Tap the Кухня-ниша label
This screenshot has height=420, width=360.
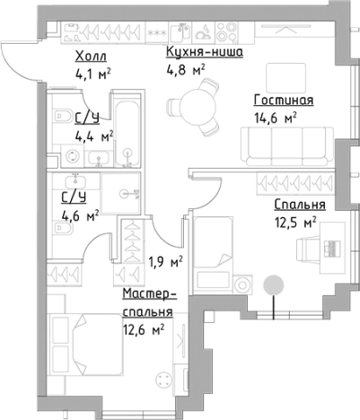click(x=198, y=52)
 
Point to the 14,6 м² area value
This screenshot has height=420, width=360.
click(x=276, y=116)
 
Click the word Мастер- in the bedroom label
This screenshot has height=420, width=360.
click(x=148, y=295)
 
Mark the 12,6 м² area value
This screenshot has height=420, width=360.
click(x=145, y=330)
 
